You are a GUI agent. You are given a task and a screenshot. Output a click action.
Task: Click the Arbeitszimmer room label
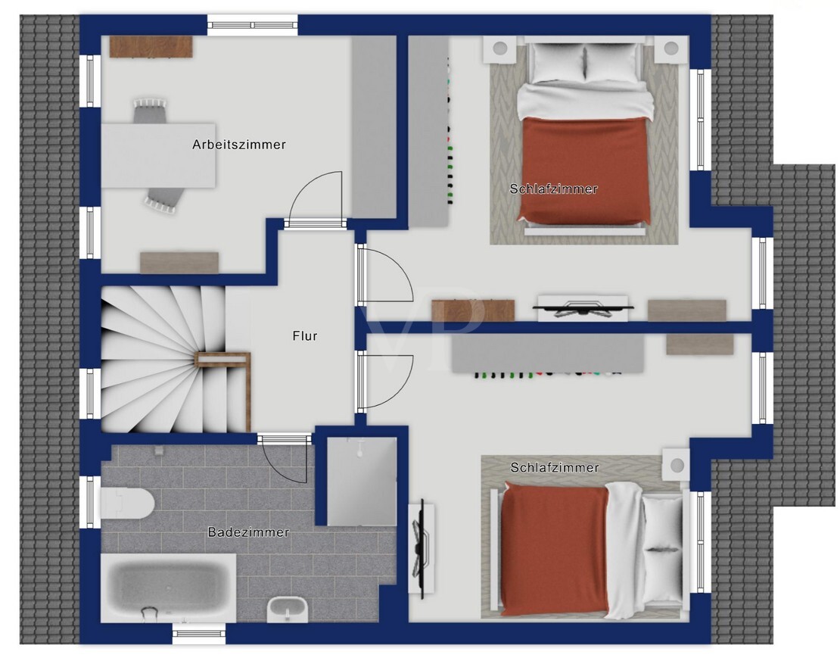point(239,144)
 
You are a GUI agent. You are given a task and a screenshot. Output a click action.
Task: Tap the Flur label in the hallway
point(305,335)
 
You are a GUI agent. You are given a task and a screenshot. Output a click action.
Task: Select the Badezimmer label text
point(248,532)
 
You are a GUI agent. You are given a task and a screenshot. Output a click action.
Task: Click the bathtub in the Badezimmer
point(168,588)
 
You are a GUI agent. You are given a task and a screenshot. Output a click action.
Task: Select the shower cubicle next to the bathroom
point(362,482)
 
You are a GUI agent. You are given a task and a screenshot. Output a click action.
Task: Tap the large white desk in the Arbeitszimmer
point(158,155)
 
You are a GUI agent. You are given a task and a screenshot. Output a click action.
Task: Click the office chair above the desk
point(150,111)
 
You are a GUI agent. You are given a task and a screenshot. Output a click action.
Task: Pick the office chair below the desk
point(163,199)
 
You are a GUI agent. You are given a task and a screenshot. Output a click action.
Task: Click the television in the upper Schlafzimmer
point(583,309)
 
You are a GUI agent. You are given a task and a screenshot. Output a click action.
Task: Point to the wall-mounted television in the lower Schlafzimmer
point(421,548)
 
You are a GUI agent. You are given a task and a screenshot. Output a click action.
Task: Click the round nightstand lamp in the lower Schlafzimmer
point(677,464)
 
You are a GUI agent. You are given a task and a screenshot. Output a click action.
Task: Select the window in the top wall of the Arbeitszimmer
point(252,25)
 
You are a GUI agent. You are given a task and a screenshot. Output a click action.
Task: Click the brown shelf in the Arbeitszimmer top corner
point(151,47)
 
